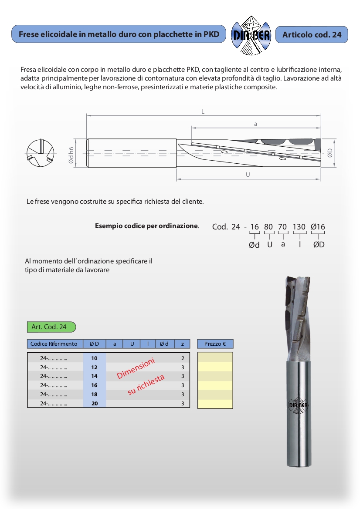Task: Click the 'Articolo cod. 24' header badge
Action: click(312, 34)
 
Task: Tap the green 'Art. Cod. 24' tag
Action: click(51, 327)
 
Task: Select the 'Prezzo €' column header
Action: click(215, 344)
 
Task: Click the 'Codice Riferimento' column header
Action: click(54, 344)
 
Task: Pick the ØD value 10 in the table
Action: click(94, 358)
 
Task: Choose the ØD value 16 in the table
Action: click(94, 385)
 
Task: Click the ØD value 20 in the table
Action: click(94, 404)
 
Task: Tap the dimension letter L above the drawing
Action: click(203, 111)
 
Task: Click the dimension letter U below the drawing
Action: click(248, 175)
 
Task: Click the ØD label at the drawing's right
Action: click(330, 153)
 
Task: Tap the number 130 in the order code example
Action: click(299, 227)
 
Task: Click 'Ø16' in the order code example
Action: click(318, 227)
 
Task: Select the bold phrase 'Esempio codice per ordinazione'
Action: click(146, 226)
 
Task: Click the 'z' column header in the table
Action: click(182, 344)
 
